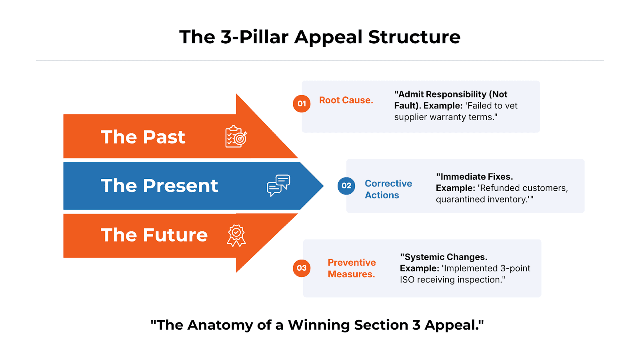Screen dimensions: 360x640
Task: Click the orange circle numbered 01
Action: pos(302,104)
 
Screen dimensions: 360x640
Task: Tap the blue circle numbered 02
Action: pos(346,186)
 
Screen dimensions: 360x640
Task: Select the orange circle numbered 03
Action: pos(302,268)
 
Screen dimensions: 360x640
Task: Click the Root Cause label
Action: pos(346,100)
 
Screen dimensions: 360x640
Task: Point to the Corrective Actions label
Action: pos(388,189)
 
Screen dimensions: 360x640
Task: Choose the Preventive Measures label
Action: pos(352,268)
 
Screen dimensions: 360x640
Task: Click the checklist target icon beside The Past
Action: pos(236,137)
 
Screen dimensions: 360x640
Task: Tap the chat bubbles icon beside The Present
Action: pos(278,186)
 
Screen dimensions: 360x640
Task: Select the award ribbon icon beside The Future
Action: pos(236,235)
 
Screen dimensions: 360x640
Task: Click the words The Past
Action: pos(143,137)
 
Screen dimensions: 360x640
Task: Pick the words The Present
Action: pos(159,186)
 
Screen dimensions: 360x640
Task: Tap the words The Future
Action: pos(154,235)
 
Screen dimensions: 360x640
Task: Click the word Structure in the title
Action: pos(414,37)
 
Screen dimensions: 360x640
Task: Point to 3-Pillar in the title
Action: pos(254,37)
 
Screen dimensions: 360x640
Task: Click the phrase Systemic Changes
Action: pos(445,257)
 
